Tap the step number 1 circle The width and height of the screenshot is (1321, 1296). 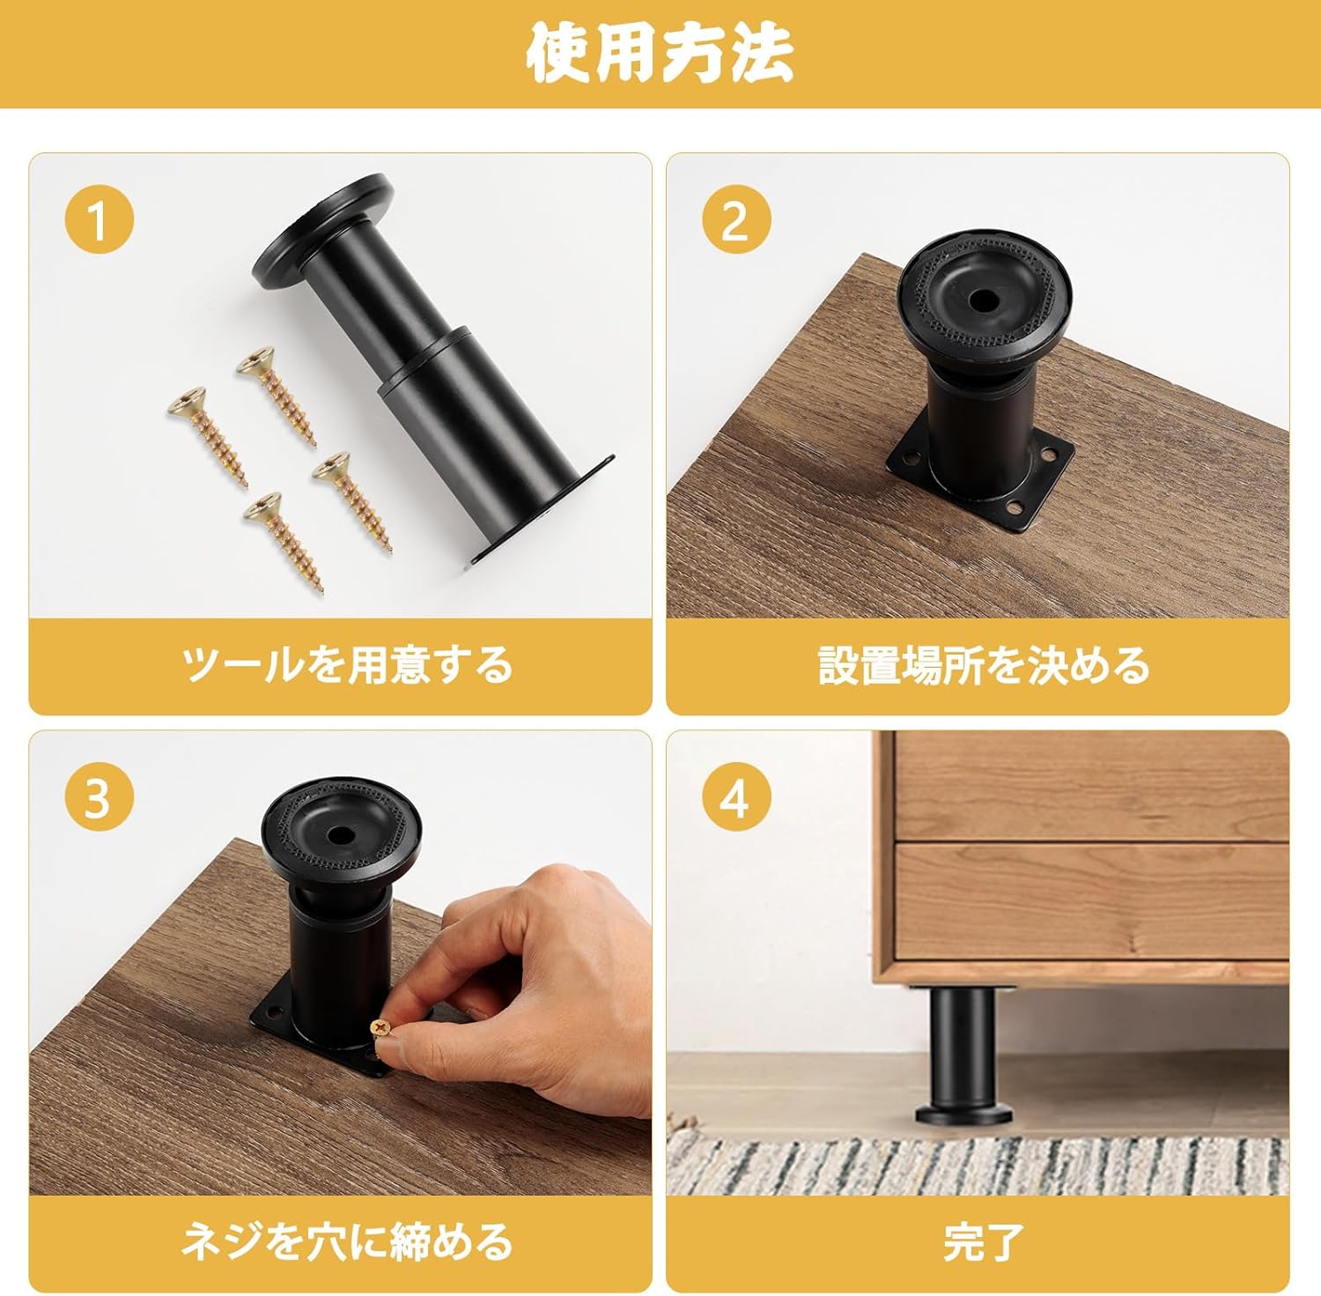coord(99,219)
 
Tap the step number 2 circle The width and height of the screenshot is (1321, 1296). coord(736,219)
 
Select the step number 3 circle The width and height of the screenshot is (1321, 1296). coord(99,797)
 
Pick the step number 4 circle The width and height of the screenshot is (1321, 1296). coord(736,797)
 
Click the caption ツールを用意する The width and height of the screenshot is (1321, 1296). coord(347,664)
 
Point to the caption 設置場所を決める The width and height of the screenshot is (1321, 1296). coord(984,664)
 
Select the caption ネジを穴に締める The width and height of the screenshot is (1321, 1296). coord(347,1241)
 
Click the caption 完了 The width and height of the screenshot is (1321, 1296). coord(984,1242)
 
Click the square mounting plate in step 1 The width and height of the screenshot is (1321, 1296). coord(542,511)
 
